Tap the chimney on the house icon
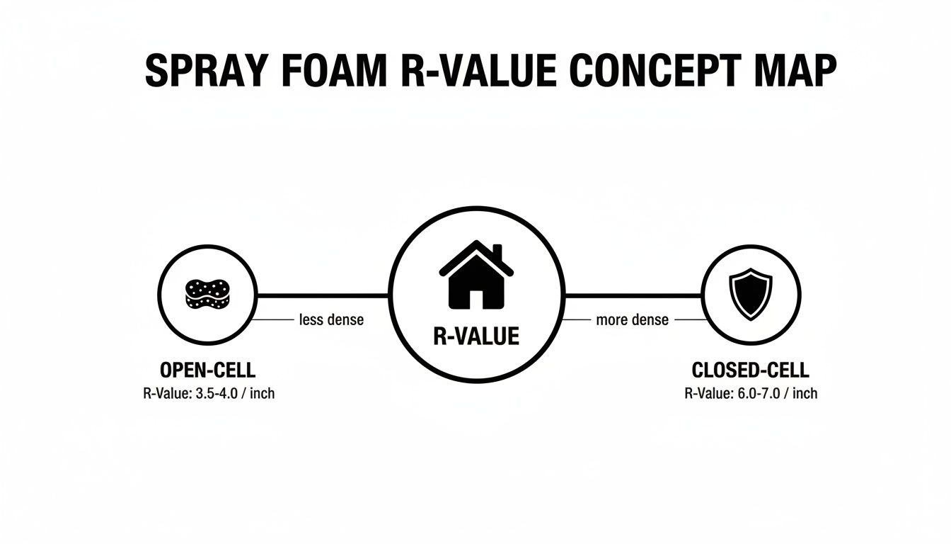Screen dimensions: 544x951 coord(497,253)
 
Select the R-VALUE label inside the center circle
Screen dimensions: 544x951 coord(475,336)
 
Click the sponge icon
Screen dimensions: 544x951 coord(207,294)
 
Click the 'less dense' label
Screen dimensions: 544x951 coord(331,320)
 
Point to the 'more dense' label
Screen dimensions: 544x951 coord(632,320)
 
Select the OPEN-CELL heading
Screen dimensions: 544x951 coord(207,370)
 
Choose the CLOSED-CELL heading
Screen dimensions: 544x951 coord(750,370)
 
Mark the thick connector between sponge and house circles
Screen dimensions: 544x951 coord(323,294)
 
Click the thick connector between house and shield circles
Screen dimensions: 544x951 coord(632,294)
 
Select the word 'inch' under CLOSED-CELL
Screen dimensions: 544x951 coord(805,393)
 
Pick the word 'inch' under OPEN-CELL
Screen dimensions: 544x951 coord(262,393)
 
